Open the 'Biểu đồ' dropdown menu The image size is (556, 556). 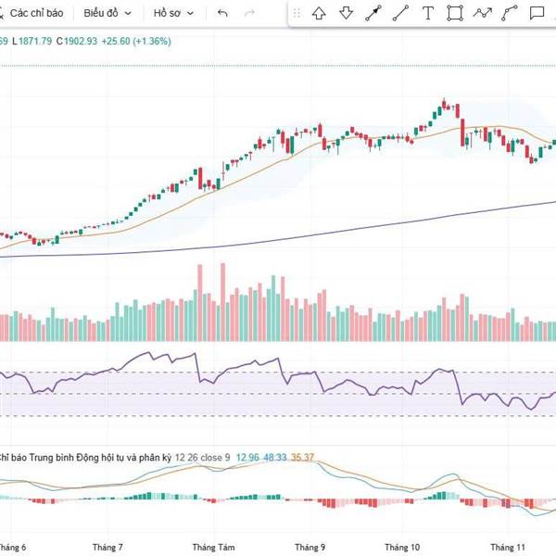(x=107, y=14)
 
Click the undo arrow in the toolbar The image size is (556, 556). (x=222, y=14)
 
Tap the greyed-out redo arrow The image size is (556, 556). (x=249, y=14)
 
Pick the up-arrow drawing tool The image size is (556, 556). (x=319, y=13)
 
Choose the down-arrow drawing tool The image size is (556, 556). (x=346, y=13)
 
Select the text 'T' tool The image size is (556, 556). (x=427, y=13)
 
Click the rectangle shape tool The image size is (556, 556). (x=454, y=13)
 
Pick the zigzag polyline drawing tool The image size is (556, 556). (x=482, y=13)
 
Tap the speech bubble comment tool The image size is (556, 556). (x=537, y=13)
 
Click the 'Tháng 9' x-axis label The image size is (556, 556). (x=309, y=547)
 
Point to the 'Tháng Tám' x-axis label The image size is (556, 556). (x=212, y=547)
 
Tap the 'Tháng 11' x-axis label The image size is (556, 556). (x=508, y=547)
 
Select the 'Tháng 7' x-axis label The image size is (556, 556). (x=108, y=547)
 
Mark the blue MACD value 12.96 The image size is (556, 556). (x=247, y=457)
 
